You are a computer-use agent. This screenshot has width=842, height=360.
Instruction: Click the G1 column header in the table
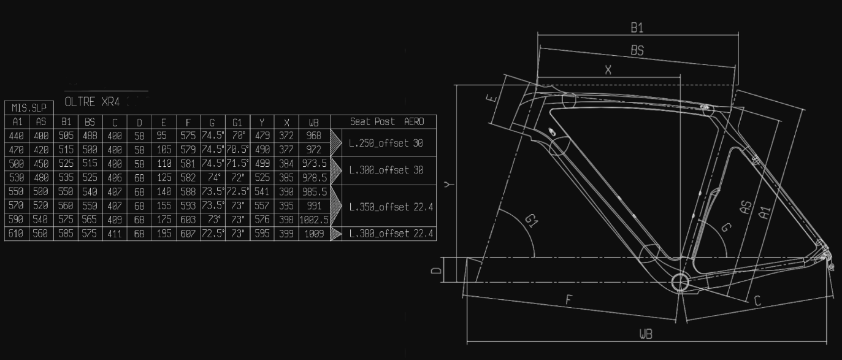237,122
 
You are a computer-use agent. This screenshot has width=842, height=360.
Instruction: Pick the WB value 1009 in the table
313,234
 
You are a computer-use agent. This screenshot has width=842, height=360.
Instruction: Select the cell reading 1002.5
314,220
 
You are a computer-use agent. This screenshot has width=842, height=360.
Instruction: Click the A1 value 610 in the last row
17,234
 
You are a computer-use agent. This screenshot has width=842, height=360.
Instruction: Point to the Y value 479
262,136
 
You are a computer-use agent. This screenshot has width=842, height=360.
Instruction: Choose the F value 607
188,234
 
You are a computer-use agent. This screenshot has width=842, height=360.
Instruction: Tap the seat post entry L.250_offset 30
386,143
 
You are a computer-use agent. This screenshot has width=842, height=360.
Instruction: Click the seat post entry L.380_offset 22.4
391,234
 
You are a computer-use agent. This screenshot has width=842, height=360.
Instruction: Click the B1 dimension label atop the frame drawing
637,28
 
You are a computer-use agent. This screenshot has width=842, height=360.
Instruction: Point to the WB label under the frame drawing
645,334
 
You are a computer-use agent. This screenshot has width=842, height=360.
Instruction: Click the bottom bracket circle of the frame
681,282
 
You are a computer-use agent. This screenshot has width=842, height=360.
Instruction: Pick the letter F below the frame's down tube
568,300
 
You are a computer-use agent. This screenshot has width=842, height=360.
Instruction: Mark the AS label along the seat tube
746,209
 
